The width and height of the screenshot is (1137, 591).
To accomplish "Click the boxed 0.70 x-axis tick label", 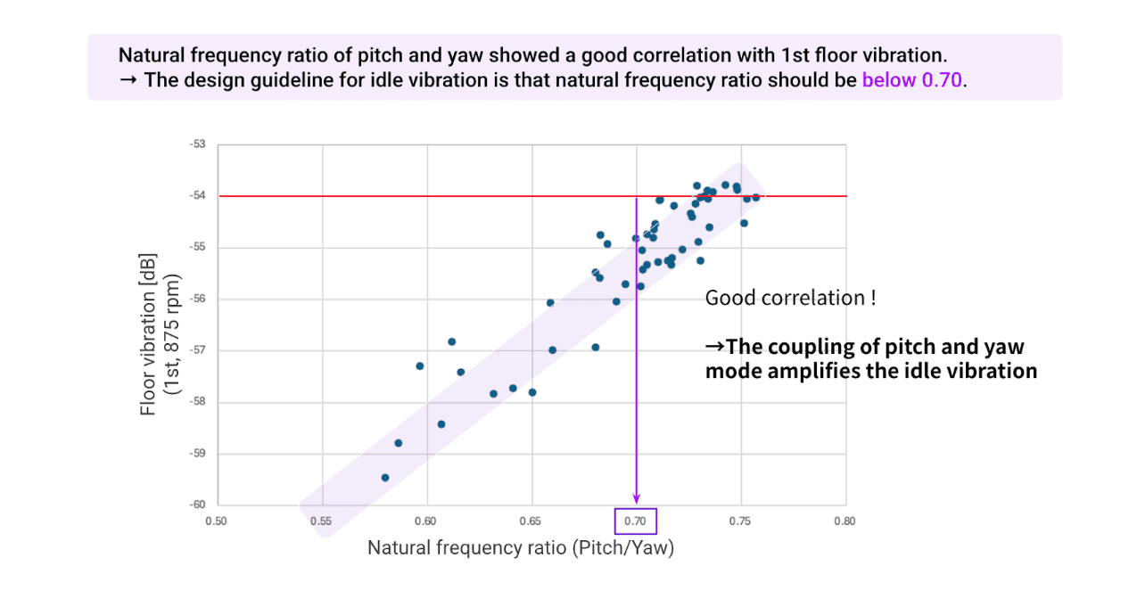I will point(636,520).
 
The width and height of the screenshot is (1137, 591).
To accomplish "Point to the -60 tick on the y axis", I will point(197,505).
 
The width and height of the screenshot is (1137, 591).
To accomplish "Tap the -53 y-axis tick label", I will point(197,144).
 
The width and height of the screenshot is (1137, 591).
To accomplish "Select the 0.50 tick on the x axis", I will point(217,521).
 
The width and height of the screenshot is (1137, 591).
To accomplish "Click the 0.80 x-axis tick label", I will point(845,521).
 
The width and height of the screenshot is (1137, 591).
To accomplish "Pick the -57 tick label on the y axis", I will point(197,350).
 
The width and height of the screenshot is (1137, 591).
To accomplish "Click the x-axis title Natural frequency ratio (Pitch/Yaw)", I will point(521,548).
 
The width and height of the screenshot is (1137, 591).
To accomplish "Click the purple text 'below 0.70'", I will point(912,79).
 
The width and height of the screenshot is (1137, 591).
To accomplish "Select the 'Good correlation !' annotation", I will point(790,298).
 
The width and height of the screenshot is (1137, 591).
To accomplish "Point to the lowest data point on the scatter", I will point(385,478).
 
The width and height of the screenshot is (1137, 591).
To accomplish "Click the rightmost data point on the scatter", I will point(756,197).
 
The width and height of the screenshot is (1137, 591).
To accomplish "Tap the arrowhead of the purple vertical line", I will point(636,499).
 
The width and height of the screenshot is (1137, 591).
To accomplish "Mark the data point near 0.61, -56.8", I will point(452,341).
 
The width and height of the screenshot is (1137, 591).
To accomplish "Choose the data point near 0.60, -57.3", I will point(420,366).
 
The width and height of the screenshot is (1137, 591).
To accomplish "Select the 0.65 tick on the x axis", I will point(531,521).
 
